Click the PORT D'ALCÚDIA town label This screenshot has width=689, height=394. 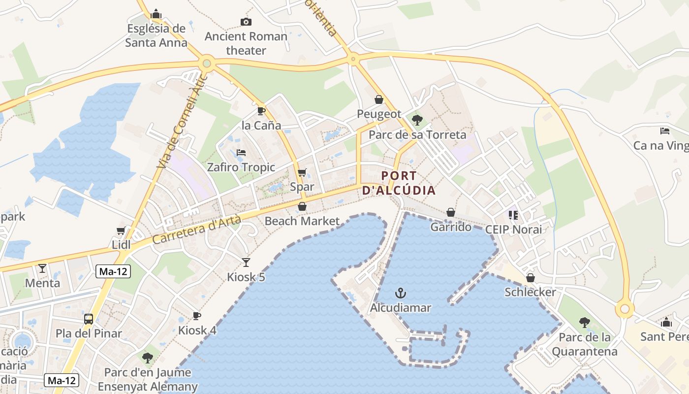399,183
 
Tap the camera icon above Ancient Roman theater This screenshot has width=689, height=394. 246,22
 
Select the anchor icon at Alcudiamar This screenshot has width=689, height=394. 401,294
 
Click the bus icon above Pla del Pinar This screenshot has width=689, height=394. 89,319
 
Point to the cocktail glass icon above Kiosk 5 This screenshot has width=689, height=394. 246,263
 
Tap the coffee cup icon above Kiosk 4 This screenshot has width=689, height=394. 197,316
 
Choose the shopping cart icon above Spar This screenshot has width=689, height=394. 302,173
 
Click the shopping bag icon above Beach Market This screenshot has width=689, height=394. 302,206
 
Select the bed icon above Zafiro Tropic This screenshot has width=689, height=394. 241,153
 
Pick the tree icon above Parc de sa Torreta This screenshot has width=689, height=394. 417,120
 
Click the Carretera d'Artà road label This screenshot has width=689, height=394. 196,230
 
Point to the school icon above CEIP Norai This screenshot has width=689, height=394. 513,215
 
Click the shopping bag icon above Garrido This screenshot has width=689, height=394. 450,212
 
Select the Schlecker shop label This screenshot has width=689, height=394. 530,292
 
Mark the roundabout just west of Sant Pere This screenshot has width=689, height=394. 625,309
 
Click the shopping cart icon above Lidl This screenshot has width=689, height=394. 121,230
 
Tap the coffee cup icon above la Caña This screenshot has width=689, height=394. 261,111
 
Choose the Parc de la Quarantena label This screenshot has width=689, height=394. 584,344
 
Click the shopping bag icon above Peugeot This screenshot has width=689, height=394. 379,99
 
